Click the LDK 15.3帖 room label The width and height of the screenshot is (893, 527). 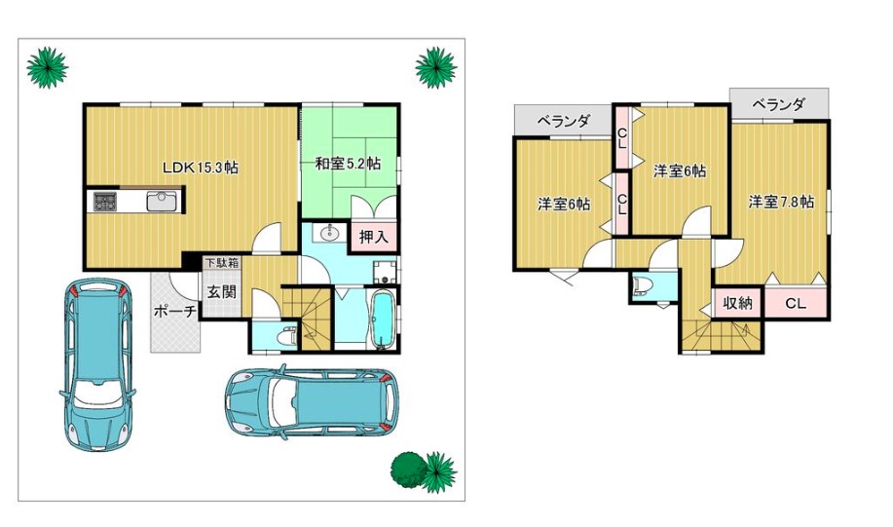coord(201,168)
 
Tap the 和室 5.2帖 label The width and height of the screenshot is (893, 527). coord(348,164)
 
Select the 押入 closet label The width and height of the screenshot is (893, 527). coord(374,237)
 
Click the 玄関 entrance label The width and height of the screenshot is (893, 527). coord(221,292)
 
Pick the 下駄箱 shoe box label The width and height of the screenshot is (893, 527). coord(222,263)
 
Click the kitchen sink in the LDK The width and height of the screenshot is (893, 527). coord(164,202)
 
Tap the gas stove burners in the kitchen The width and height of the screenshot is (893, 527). coord(105,202)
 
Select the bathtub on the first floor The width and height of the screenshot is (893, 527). coord(382,319)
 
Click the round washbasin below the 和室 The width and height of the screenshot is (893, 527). coord(328,233)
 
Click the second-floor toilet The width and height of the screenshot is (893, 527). coord(643,284)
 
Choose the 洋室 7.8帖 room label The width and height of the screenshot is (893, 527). coord(781,202)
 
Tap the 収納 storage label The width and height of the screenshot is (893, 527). coord(737,303)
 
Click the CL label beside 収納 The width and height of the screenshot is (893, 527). coord(796,304)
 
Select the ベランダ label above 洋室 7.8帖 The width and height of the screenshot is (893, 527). coord(778,104)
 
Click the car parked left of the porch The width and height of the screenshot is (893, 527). coord(98,364)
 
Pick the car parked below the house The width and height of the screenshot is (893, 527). coord(312,401)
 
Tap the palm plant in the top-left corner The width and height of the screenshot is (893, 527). coord(48,68)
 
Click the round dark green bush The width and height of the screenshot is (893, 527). coord(407,471)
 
